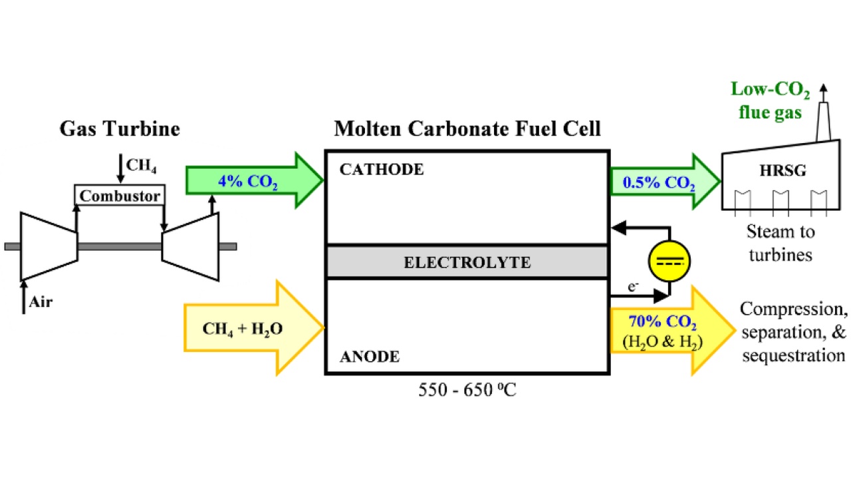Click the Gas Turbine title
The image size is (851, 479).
(x=120, y=128)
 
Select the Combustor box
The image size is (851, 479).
(x=120, y=196)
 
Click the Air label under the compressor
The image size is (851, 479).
(x=41, y=302)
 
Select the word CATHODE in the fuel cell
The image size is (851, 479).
(x=381, y=170)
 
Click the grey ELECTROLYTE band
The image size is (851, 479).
(x=467, y=262)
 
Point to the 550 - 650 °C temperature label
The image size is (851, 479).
(x=467, y=390)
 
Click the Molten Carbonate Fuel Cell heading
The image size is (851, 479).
(x=467, y=128)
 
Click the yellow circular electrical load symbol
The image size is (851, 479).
(x=669, y=261)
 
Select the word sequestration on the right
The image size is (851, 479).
(x=793, y=355)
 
